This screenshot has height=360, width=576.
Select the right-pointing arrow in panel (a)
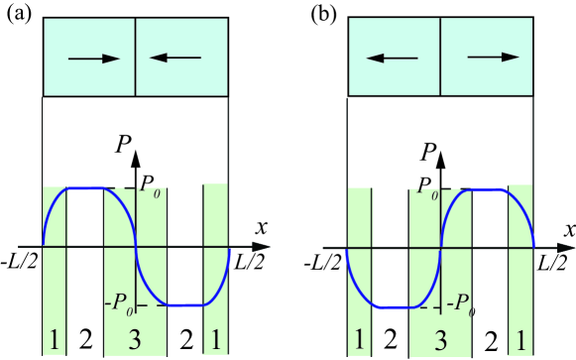(91, 60)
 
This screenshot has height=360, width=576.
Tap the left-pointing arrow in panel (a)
(177, 60)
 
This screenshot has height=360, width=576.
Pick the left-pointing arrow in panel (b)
(395, 60)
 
